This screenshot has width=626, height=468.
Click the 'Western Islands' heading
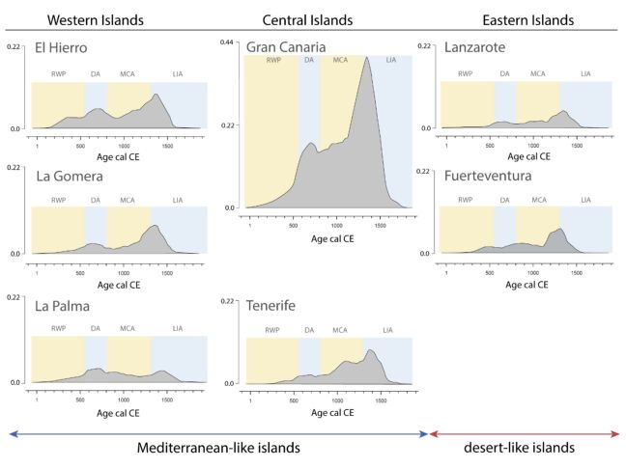95,19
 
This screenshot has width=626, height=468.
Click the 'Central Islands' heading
307,19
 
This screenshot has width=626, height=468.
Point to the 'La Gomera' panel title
66,176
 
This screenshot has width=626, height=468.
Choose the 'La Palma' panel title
62,308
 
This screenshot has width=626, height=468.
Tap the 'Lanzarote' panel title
476,47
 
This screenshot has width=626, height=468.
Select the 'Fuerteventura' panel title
490,176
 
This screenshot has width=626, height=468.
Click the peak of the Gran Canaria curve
366,58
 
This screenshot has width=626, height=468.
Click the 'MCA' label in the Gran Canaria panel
340,61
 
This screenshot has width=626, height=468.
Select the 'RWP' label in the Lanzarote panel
465,73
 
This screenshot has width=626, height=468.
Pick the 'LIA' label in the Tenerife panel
387,331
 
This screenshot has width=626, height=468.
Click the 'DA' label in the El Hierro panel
96,73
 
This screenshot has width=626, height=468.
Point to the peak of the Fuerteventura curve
559,229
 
